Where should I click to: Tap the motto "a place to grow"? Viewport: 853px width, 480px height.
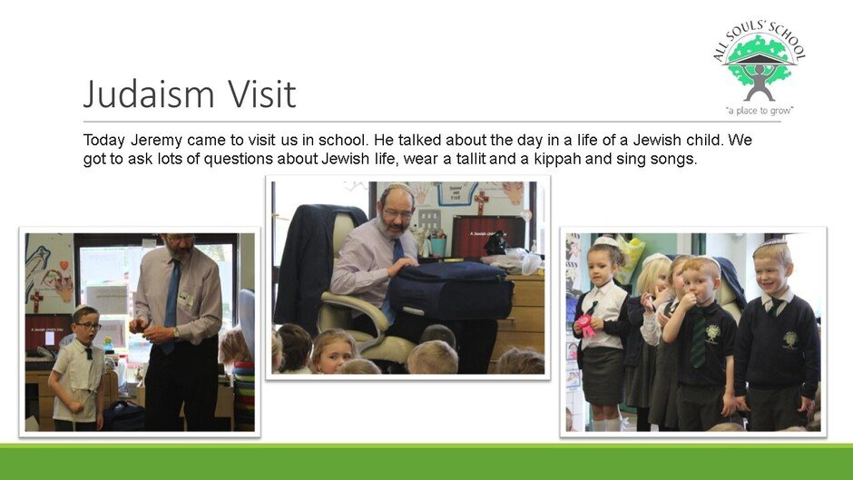[760, 111]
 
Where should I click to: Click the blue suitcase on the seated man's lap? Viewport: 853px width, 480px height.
[452, 290]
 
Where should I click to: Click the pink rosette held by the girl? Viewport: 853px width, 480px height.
[585, 326]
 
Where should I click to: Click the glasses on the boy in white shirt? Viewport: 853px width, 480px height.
[89, 326]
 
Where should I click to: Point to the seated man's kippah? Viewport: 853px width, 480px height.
[398, 187]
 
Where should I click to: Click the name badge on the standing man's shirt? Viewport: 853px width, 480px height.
[185, 299]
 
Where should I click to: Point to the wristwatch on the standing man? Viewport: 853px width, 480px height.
[175, 332]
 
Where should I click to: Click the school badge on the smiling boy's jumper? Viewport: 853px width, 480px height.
[789, 339]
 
